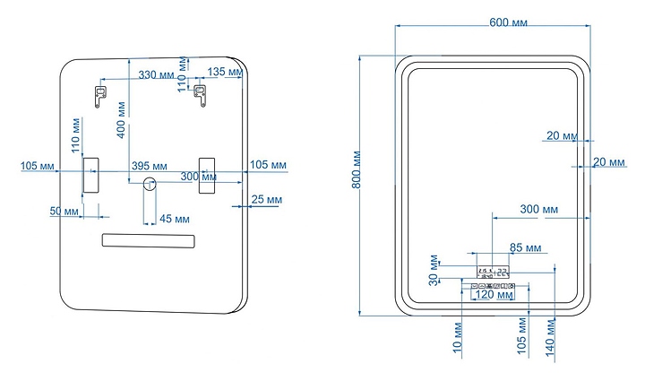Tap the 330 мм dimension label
point(156,74)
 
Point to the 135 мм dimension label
point(223,72)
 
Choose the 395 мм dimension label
point(150,165)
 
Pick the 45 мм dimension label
point(174,218)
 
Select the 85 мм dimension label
point(526,247)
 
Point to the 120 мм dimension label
point(494,294)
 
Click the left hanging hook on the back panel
point(100,93)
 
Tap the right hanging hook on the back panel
point(202,93)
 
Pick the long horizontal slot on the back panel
point(149,240)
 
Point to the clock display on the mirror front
point(493,271)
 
